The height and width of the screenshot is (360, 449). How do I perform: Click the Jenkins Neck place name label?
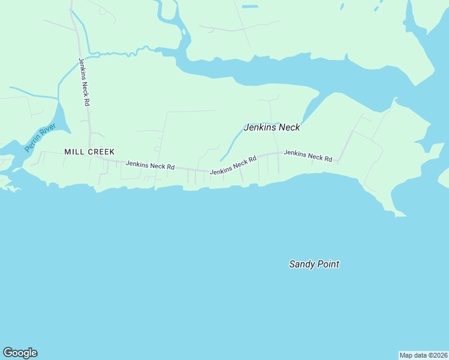271,127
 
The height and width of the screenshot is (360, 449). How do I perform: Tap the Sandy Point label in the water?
314,264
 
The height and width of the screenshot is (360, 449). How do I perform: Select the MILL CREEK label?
89,152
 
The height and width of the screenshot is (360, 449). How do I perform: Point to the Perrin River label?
40,137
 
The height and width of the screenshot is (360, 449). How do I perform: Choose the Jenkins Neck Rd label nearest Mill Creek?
150,165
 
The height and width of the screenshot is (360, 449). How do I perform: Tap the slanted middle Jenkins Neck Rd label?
233,165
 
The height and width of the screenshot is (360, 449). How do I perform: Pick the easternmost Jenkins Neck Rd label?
308,156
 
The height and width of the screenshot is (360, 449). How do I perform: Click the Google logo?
20,353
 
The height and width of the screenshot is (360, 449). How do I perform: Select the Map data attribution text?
423,355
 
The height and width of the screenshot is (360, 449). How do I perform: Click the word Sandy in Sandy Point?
302,264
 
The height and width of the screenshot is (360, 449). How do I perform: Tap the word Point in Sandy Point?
328,264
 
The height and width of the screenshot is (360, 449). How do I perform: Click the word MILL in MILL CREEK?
73,152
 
